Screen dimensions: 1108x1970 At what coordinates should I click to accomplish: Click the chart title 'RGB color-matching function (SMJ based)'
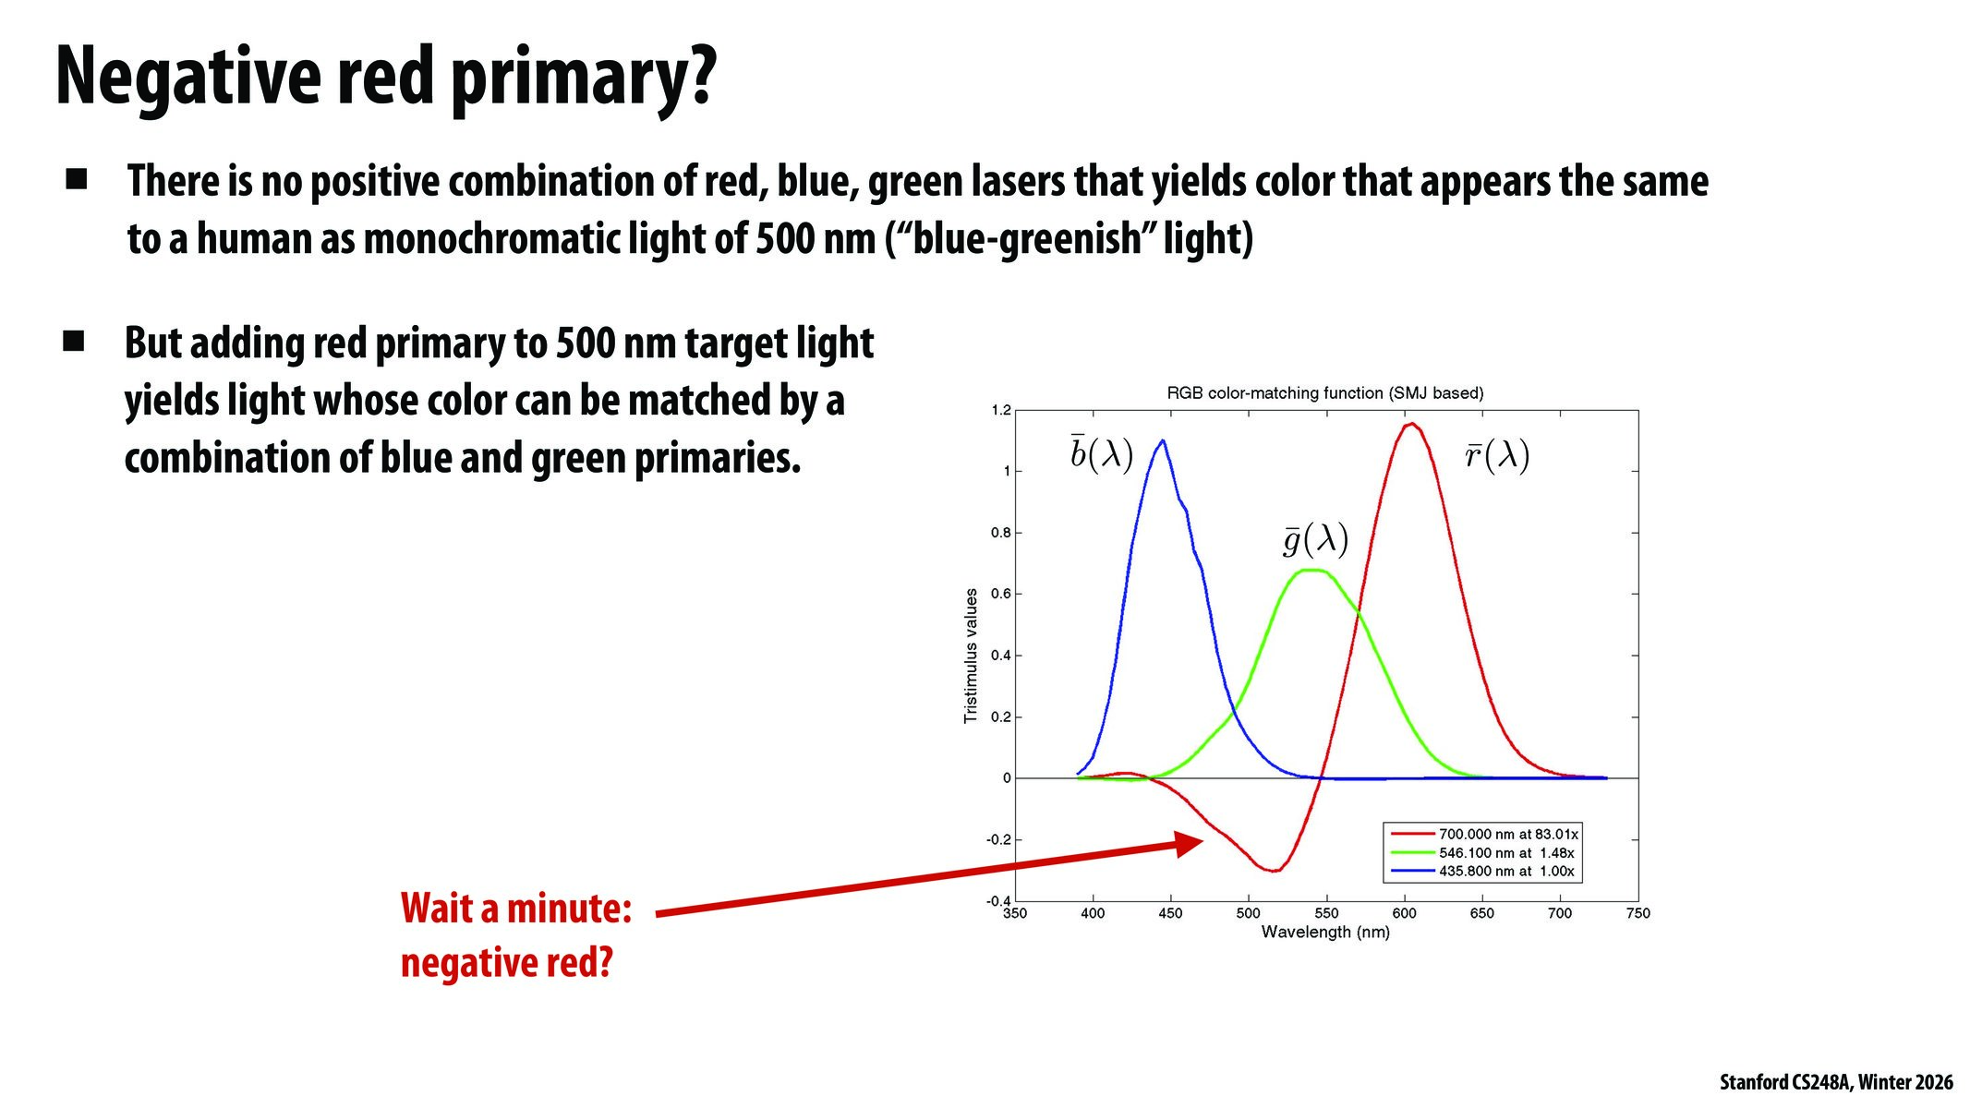pos(1324,393)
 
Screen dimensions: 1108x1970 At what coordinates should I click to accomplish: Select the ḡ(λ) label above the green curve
pos(1315,538)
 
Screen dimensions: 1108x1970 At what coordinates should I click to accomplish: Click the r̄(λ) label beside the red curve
pos(1496,455)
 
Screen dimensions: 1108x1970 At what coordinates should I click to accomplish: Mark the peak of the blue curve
pos(1162,441)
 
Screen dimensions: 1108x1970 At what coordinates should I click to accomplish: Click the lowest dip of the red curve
pos(1274,870)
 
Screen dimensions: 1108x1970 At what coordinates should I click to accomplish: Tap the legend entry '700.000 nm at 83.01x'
pos(1507,835)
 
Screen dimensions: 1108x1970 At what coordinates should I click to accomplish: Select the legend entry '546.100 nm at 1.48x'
pos(1505,853)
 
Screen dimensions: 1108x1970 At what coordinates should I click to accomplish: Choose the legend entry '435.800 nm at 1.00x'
pos(1505,872)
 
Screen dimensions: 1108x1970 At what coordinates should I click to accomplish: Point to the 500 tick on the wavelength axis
pos(1248,913)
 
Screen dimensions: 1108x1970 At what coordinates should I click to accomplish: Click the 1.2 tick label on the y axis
pos(1001,411)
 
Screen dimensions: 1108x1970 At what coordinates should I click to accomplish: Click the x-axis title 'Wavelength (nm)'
pos(1324,933)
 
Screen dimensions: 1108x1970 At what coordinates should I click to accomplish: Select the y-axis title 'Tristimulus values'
pos(971,656)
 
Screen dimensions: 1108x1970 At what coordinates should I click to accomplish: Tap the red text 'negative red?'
pos(506,963)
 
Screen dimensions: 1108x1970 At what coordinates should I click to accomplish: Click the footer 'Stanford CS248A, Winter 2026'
pos(1835,1082)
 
